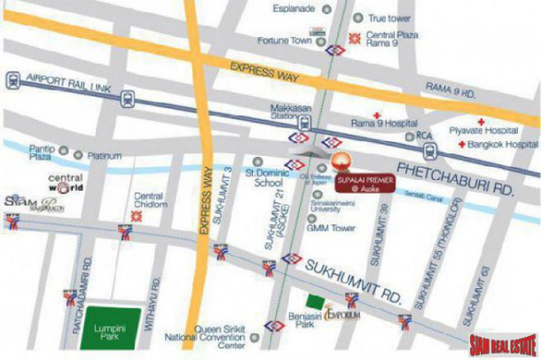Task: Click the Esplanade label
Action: (x=293, y=10)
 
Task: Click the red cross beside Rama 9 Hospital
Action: (x=378, y=116)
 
